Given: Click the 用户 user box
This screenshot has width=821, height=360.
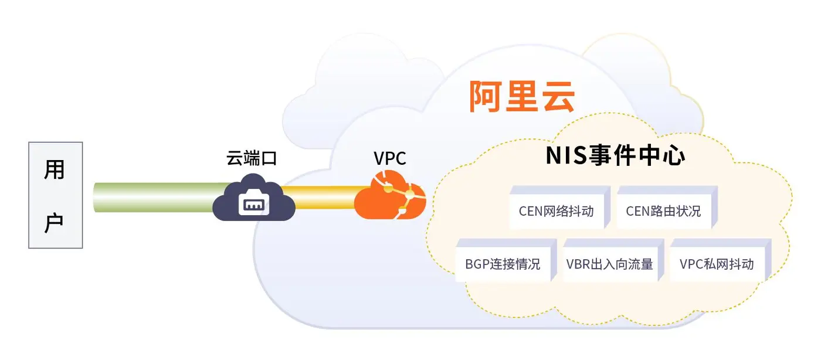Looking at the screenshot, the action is pyautogui.click(x=56, y=195).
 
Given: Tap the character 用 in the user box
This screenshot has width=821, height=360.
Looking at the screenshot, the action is pyautogui.click(x=55, y=169).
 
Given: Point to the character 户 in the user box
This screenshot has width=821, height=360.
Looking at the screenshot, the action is pyautogui.click(x=55, y=222).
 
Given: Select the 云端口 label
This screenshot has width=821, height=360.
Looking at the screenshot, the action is pyautogui.click(x=252, y=158).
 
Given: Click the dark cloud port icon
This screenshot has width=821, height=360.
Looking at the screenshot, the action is pyautogui.click(x=253, y=198).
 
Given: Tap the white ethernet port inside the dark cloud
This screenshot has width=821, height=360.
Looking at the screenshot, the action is pyautogui.click(x=253, y=203).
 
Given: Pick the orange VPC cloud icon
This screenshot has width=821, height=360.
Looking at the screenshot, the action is pyautogui.click(x=390, y=195).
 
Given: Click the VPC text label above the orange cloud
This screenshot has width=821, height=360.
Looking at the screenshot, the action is pyautogui.click(x=389, y=159).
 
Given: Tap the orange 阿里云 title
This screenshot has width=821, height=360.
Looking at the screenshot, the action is pyautogui.click(x=522, y=96).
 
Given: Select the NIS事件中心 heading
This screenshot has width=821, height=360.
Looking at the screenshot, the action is pyautogui.click(x=615, y=155).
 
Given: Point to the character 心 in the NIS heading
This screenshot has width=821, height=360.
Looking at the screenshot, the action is pyautogui.click(x=674, y=156).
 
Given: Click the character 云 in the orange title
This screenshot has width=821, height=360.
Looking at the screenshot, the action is pyautogui.click(x=558, y=96).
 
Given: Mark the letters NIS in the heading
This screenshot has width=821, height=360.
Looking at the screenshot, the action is pyautogui.click(x=566, y=156).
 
